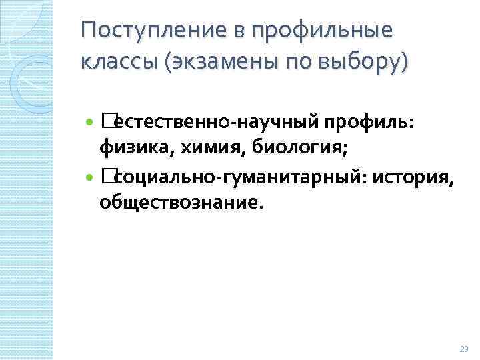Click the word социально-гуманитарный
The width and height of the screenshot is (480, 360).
[238, 177]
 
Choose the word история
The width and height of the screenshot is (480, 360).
[413, 177]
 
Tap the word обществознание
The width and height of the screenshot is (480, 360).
[181, 203]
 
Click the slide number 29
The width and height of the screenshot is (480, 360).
[464, 349]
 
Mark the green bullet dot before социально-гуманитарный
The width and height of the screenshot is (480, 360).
[91, 177]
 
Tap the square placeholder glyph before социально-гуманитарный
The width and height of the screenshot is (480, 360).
[107, 176]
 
